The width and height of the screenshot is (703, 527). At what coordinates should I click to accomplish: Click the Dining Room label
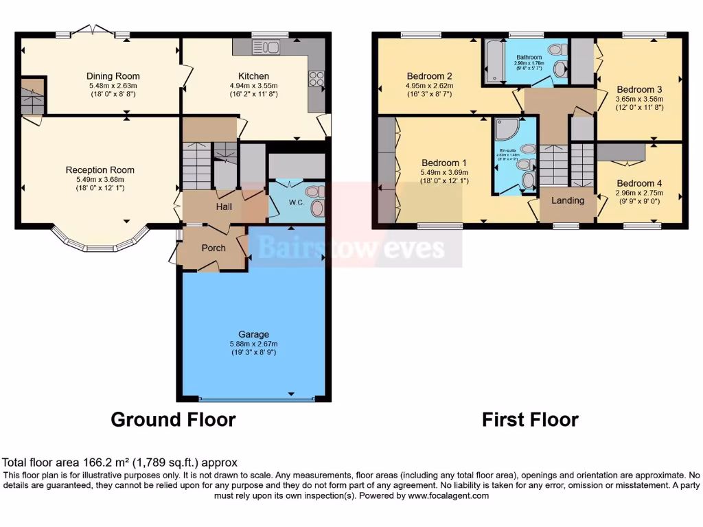(113, 76)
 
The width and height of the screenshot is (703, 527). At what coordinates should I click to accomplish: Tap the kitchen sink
(265, 47)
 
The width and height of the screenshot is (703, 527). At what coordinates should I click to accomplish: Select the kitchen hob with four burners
(316, 80)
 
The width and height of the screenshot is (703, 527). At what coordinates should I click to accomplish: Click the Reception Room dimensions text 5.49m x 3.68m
(100, 178)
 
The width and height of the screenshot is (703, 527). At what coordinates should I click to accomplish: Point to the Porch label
(213, 248)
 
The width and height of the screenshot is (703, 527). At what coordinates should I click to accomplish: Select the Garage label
(253, 334)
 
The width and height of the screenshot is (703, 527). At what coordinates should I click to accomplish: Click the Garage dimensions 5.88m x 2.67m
(253, 343)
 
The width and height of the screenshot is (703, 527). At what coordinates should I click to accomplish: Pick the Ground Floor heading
(173, 419)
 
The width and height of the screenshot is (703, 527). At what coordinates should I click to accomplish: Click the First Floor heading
(530, 419)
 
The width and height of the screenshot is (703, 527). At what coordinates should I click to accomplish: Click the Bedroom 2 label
(429, 76)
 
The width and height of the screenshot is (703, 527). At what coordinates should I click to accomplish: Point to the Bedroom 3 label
(639, 89)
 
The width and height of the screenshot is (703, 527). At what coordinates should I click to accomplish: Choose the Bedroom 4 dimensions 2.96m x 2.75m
(639, 194)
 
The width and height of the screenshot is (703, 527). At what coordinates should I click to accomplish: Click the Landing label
(568, 200)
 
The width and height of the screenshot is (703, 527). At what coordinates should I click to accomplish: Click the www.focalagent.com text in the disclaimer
(449, 495)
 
